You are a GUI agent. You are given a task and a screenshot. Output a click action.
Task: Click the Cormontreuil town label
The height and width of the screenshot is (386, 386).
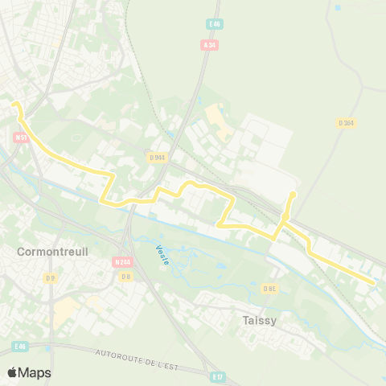[52, 252]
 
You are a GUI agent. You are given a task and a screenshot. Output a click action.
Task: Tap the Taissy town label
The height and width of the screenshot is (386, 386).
[260, 320]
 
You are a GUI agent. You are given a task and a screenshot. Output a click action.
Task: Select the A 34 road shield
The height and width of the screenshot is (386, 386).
[210, 46]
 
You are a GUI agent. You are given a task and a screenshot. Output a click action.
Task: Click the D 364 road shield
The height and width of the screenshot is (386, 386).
[347, 122]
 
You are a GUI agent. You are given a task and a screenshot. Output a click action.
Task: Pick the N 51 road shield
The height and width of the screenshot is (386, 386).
[21, 138]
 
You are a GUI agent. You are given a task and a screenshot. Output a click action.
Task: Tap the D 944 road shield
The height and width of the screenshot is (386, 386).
[156, 158]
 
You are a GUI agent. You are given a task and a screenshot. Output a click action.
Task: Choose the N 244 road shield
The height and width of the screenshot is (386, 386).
[122, 262]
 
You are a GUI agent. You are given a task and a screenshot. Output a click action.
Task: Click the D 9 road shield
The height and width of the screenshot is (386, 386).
[51, 278]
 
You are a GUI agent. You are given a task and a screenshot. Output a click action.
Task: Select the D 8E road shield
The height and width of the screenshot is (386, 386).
[270, 289]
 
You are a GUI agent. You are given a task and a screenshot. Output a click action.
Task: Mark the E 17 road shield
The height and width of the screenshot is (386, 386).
[217, 376]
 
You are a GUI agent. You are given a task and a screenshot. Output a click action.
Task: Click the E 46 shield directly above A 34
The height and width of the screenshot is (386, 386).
[212, 25]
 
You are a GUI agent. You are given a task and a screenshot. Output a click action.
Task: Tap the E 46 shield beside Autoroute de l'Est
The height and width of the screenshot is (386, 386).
[21, 347]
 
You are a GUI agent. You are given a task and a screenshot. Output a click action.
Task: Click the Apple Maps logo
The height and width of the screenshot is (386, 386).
[29, 372]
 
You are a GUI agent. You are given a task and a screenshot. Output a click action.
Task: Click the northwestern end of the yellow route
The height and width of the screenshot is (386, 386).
[14, 104]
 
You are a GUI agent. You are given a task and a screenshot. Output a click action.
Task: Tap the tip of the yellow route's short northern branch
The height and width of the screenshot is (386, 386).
[294, 194]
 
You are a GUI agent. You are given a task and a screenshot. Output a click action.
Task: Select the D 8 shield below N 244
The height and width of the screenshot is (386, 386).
[126, 277]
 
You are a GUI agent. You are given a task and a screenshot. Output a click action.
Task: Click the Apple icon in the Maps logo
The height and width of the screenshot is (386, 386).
[13, 372]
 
